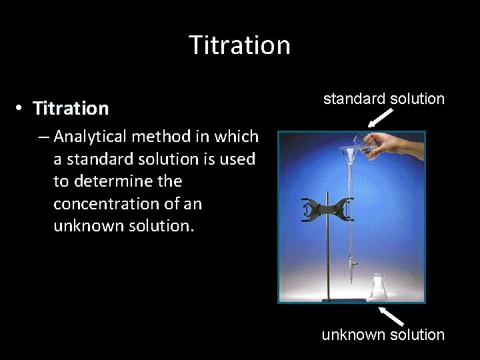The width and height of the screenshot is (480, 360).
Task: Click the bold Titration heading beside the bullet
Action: pyautogui.click(x=71, y=108)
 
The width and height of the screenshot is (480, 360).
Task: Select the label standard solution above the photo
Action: pyautogui.click(x=383, y=99)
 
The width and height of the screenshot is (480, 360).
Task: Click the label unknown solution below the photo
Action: pyautogui.click(x=383, y=335)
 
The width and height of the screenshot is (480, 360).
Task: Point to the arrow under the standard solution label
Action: pyautogui.click(x=380, y=118)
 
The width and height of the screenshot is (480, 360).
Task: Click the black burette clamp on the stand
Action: pyautogui.click(x=327, y=211)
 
